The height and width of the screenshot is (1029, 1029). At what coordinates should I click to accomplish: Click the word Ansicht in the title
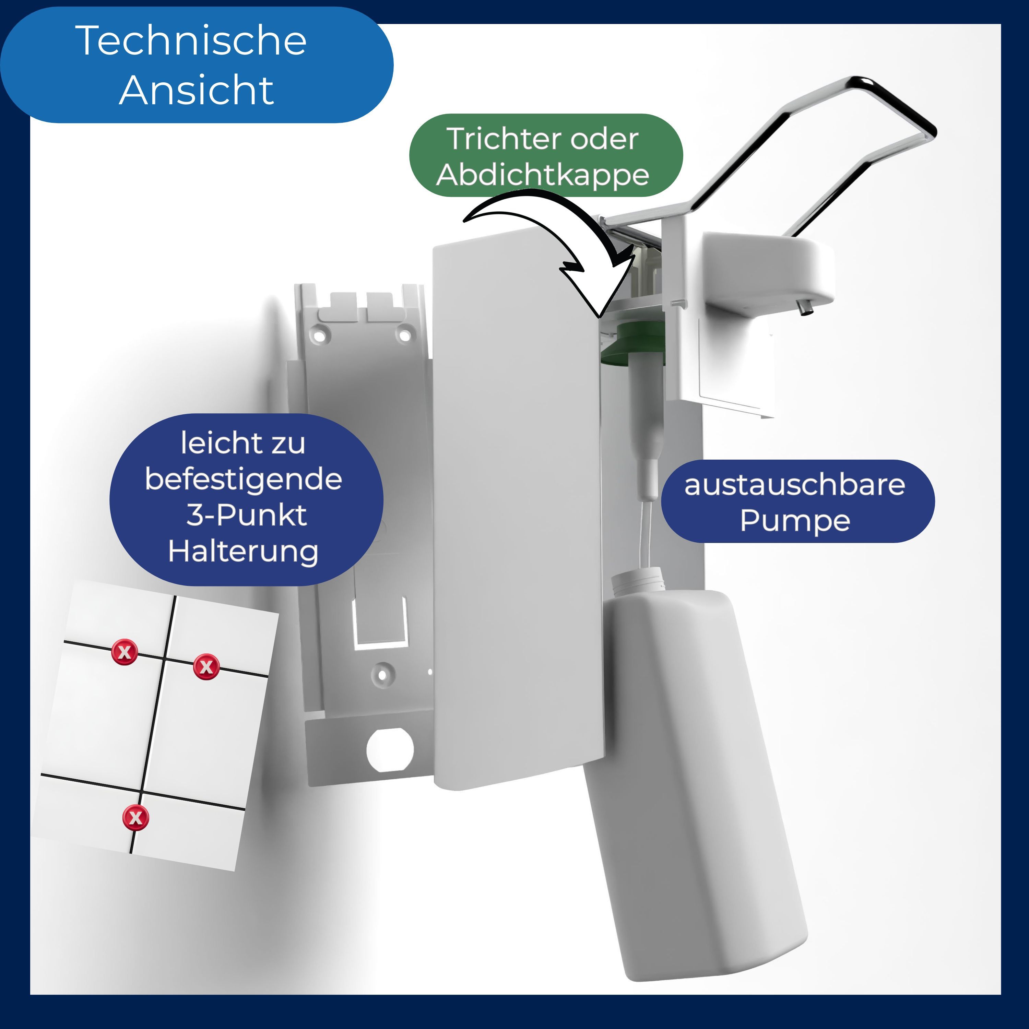coord(196,90)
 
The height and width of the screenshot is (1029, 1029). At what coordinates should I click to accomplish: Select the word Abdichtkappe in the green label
coord(542,175)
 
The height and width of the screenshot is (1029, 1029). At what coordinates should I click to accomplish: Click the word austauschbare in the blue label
coord(794,485)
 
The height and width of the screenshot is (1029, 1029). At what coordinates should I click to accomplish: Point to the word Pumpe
coord(795,520)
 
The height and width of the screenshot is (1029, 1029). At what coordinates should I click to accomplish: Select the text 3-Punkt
coord(246,515)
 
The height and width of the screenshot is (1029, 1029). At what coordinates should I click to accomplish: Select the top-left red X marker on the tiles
coord(125,651)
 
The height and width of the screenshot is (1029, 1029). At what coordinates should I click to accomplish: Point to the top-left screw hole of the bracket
coord(320,336)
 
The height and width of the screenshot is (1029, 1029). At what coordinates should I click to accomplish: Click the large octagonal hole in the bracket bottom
coord(390,750)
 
